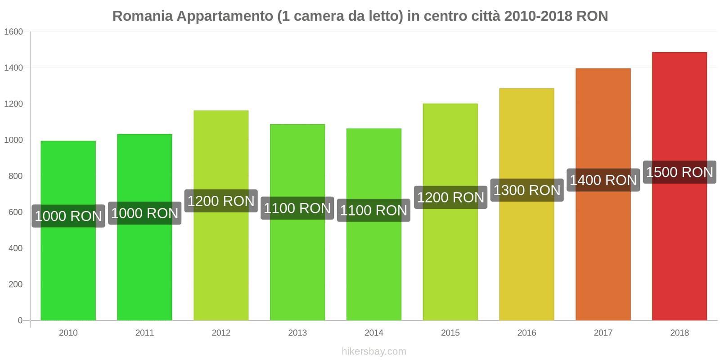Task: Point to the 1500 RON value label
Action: point(679,172)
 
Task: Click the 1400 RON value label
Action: point(603,180)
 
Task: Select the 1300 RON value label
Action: point(527,190)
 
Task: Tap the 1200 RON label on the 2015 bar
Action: point(450,197)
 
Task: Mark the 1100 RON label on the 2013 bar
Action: point(297,208)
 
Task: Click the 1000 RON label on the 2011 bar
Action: point(145,213)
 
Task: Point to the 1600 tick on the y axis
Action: point(13,31)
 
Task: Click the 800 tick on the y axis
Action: point(15,176)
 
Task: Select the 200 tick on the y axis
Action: point(15,284)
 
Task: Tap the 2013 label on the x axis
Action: point(297,333)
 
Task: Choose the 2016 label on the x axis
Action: point(526,333)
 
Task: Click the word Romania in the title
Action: point(142,16)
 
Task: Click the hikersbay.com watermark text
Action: point(373,351)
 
